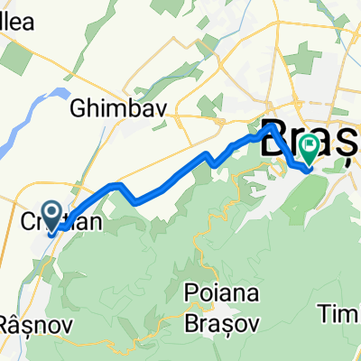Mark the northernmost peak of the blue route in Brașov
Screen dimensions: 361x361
tap(269, 129)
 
